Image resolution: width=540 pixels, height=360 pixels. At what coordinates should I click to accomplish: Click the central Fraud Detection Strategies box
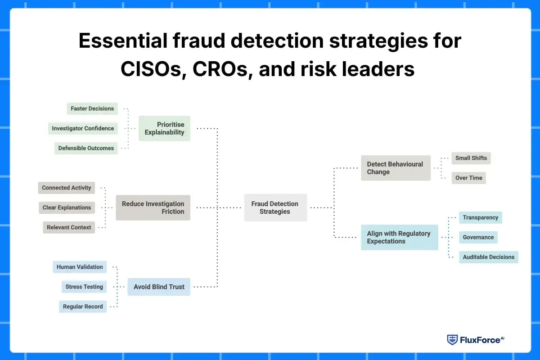click(275, 207)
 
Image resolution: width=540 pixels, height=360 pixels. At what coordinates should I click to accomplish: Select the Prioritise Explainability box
click(164, 128)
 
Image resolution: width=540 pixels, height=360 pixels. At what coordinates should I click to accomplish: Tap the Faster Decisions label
click(92, 108)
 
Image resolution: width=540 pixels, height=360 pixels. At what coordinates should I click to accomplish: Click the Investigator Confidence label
click(83, 128)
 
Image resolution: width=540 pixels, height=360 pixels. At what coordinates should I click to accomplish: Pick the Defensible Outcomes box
click(86, 148)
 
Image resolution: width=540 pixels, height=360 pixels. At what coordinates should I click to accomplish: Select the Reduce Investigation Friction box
click(153, 207)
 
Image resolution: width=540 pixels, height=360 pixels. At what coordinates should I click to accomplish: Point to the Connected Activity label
click(67, 188)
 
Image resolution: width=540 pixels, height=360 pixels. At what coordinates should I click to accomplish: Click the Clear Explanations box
click(67, 207)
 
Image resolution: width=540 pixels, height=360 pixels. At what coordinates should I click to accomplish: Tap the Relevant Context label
click(69, 227)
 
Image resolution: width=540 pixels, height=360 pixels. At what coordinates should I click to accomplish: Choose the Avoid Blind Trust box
click(159, 287)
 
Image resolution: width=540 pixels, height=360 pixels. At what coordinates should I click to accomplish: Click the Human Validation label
click(80, 267)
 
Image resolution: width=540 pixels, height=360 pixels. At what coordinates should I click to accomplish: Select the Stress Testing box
click(84, 287)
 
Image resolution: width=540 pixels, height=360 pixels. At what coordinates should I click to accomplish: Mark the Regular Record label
click(83, 306)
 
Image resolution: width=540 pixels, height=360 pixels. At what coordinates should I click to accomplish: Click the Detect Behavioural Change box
click(396, 168)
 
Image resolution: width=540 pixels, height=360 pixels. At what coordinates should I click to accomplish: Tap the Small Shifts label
click(471, 158)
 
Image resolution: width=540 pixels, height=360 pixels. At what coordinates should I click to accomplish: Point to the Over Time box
click(468, 178)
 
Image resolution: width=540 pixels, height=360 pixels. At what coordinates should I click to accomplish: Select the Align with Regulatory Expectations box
click(399, 237)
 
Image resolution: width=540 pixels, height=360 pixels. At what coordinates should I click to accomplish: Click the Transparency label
click(480, 217)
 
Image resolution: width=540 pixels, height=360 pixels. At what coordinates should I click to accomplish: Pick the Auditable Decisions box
click(488, 257)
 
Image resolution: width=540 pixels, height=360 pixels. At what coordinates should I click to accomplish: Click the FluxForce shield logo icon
click(452, 340)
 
